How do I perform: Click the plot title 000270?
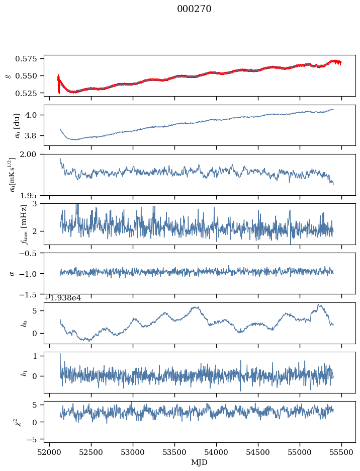click(x=194, y=9)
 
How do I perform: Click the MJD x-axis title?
click(x=200, y=462)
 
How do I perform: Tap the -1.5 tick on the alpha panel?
click(x=31, y=294)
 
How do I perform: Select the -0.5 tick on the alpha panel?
click(x=31, y=253)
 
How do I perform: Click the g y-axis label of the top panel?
click(x=8, y=75)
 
